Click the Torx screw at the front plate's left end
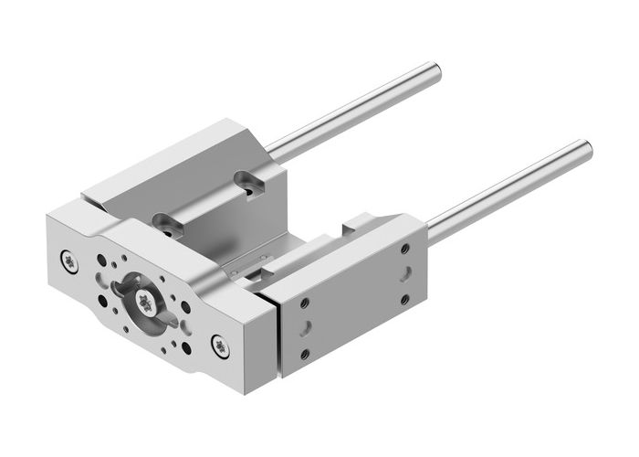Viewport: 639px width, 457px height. (x=71, y=262)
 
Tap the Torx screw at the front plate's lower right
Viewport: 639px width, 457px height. (x=219, y=344)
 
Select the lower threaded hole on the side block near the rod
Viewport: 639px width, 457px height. (x=403, y=299)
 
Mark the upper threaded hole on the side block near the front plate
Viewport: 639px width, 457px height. (x=304, y=303)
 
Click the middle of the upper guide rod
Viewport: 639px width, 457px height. (x=356, y=110)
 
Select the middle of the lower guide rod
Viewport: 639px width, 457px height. (x=507, y=188)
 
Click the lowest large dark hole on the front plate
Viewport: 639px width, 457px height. (x=187, y=348)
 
